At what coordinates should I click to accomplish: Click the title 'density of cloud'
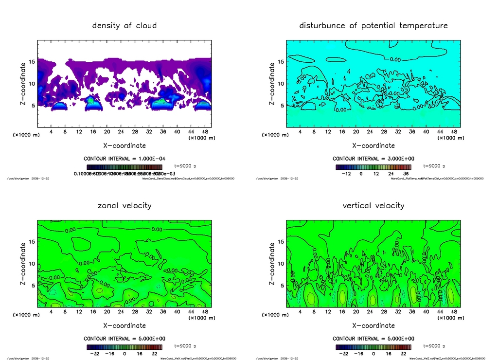(124, 25)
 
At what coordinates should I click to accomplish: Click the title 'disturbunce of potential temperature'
(373, 25)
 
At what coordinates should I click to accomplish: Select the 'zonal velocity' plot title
(124, 205)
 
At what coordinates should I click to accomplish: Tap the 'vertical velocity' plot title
(373, 205)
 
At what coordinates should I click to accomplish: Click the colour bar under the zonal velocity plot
(124, 347)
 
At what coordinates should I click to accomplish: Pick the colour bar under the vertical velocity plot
(373, 347)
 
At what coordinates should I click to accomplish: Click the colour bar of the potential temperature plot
(373, 167)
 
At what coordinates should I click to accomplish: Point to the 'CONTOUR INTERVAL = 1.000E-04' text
(124, 159)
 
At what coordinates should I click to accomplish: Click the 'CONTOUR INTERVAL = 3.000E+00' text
(373, 159)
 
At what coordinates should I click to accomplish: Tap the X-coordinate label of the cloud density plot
(124, 145)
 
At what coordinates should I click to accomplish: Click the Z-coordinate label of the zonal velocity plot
(23, 264)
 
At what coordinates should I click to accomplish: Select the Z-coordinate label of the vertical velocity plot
(272, 264)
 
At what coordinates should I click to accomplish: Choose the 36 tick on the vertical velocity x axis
(412, 312)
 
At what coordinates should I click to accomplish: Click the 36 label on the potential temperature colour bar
(405, 174)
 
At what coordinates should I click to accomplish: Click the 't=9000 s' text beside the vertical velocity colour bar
(434, 346)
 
